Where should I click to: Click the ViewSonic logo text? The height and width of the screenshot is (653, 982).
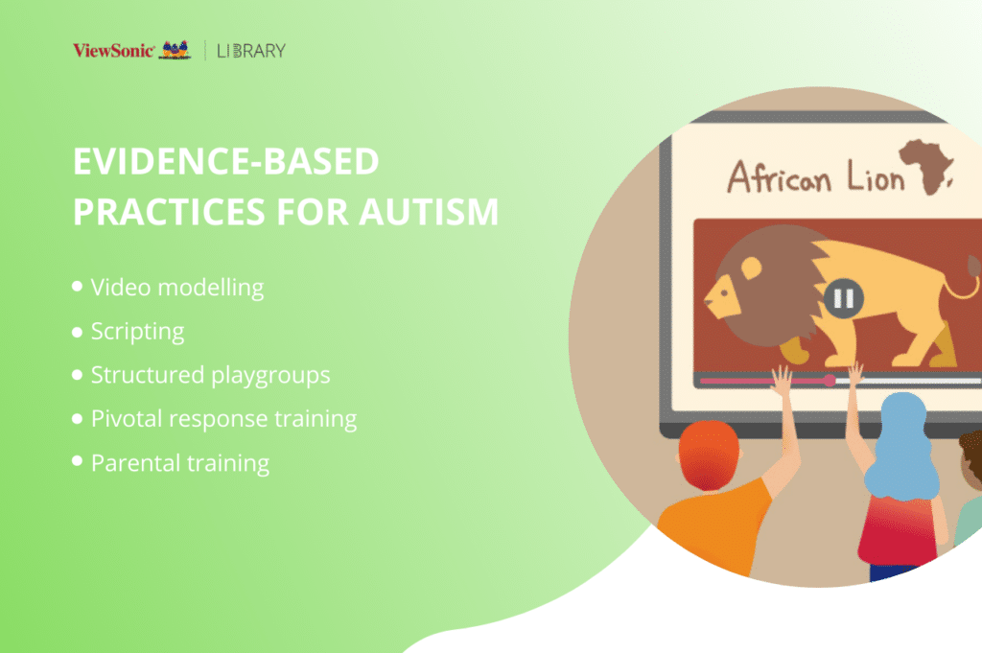click(113, 50)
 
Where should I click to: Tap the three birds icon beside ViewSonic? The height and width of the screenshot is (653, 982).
click(175, 50)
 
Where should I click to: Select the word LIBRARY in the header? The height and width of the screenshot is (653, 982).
click(251, 51)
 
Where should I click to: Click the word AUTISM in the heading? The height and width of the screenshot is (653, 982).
click(429, 212)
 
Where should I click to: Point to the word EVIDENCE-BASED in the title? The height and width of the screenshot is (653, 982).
click(226, 161)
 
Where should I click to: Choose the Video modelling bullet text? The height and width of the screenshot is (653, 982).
click(177, 288)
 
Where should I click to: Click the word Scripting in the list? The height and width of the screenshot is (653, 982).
click(138, 332)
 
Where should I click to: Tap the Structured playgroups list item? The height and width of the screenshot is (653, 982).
click(210, 376)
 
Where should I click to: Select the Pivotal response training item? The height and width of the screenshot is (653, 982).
click(223, 419)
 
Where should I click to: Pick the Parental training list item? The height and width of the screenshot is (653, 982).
click(180, 463)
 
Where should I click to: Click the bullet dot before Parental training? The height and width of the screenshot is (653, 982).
click(77, 461)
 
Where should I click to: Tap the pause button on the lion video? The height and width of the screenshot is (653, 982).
click(844, 298)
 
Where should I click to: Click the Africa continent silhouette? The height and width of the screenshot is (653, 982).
click(925, 165)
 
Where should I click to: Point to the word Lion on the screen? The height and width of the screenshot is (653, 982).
click(876, 175)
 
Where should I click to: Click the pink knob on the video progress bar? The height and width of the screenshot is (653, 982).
click(830, 380)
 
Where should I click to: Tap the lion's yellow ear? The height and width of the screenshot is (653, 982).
click(751, 268)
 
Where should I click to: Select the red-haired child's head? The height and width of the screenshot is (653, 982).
click(709, 455)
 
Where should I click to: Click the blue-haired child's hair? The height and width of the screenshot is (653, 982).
click(901, 446)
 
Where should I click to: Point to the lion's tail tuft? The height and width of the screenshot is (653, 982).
click(974, 266)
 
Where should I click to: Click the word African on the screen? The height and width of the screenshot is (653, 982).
click(779, 175)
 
